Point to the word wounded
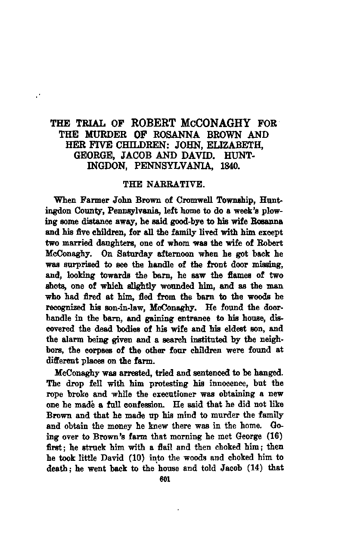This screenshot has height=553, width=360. click(x=190, y=285)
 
